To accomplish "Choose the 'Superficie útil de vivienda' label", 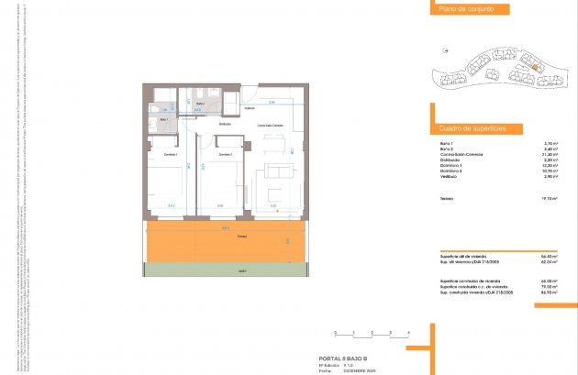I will coord(464,256).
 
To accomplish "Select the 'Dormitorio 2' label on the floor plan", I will coord(225,154).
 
